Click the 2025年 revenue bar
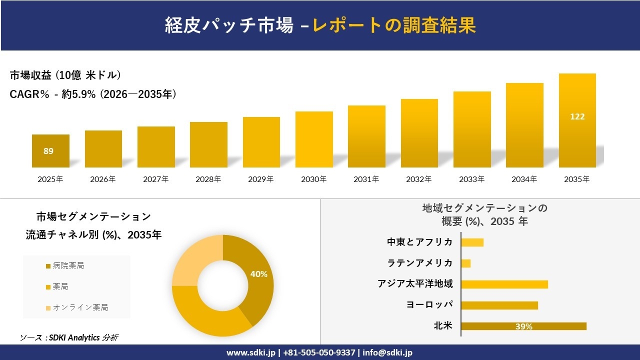click(50, 151)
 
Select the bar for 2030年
click(314, 139)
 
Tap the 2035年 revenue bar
click(577, 120)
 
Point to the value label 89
click(48, 151)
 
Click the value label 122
click(577, 116)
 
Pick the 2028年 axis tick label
click(208, 179)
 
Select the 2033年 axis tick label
click(471, 179)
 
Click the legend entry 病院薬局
click(68, 265)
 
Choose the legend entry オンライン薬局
click(80, 307)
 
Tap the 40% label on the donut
click(258, 274)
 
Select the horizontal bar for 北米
click(523, 326)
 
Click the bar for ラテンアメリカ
click(465, 263)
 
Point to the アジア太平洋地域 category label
click(415, 284)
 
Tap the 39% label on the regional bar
click(523, 326)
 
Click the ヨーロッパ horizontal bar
click(499, 305)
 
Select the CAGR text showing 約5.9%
click(93, 94)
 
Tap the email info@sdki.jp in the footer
click(387, 352)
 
